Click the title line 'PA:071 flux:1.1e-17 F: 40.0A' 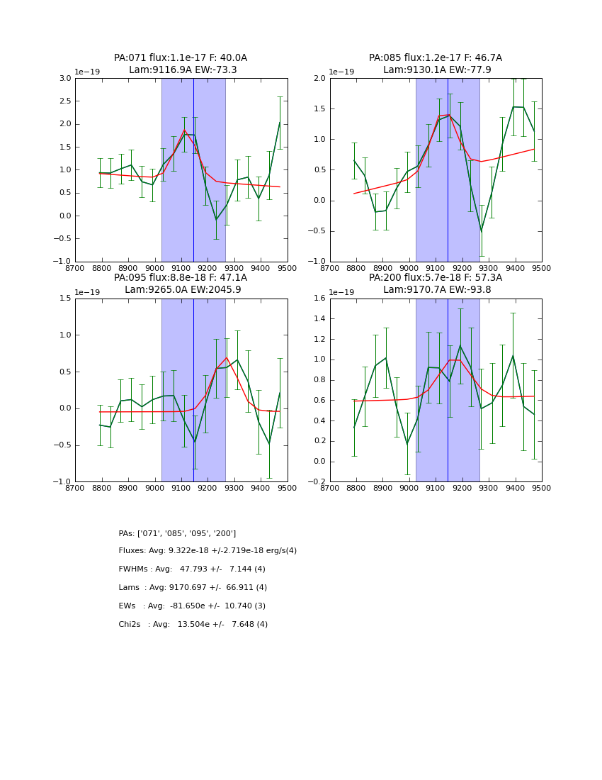(x=181, y=58)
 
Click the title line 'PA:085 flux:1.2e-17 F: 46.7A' (x=435, y=58)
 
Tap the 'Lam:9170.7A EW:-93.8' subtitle (x=435, y=289)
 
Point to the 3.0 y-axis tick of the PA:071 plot (x=64, y=78)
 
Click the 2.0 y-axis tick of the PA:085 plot (x=319, y=78)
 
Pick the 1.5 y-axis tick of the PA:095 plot (x=64, y=299)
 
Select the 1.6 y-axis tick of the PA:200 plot (x=319, y=299)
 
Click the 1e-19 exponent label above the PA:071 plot (x=87, y=72)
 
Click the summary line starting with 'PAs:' (x=177, y=533)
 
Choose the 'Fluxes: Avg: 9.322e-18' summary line (x=208, y=551)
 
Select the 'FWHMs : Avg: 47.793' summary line (x=192, y=569)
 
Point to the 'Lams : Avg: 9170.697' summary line (x=193, y=588)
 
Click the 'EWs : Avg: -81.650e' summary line (x=192, y=606)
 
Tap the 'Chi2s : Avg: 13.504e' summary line (x=193, y=625)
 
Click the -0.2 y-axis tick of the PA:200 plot (x=318, y=482)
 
